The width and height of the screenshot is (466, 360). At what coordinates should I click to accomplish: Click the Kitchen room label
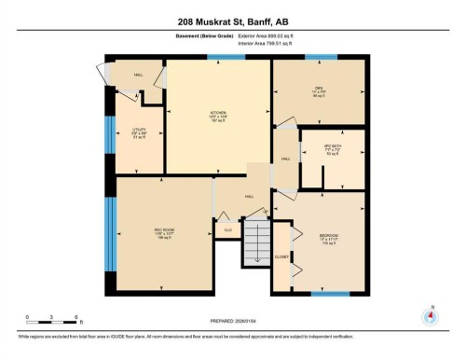tap(218, 117)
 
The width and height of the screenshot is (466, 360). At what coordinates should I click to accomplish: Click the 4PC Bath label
tap(331, 150)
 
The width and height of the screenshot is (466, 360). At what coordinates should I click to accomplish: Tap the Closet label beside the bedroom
tap(281, 256)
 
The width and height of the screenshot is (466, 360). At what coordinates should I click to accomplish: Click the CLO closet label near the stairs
tap(227, 228)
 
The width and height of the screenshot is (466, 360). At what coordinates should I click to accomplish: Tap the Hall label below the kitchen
tap(250, 197)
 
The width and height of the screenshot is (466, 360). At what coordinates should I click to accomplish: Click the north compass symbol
tap(430, 315)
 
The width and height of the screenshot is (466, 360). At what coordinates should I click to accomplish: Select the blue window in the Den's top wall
tap(321, 57)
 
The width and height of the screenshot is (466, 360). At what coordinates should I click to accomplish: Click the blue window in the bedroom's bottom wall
tap(330, 294)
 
